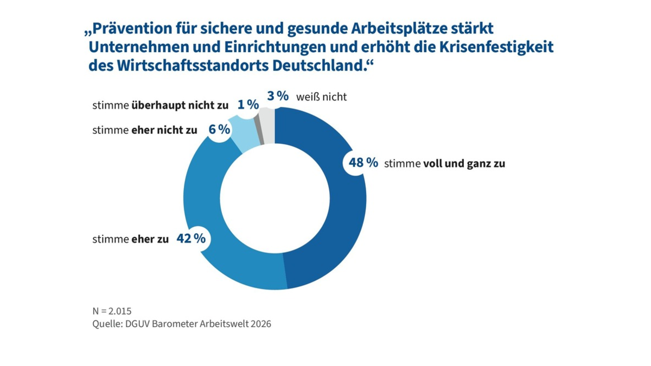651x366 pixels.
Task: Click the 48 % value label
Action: tap(363, 163)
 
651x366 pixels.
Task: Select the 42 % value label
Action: tap(191, 239)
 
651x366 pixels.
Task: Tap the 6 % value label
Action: tap(220, 130)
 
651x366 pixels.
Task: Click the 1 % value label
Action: tap(248, 105)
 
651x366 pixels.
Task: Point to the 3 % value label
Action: tap(278, 97)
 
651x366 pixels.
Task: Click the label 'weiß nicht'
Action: tap(321, 98)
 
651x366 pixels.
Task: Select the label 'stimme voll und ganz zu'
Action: tap(444, 164)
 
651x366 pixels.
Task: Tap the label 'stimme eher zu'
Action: tap(130, 239)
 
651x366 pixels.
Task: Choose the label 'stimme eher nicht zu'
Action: tap(145, 131)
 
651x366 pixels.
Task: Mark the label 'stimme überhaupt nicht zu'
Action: tap(160, 106)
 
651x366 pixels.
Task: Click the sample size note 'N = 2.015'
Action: tap(112, 311)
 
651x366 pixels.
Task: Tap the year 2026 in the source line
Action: tap(260, 324)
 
